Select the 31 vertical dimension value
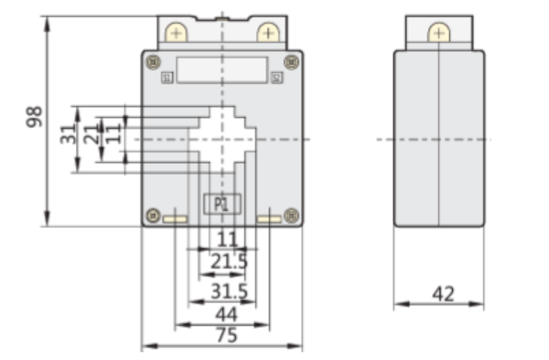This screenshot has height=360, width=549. [68, 133]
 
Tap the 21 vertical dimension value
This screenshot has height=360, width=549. [91, 133]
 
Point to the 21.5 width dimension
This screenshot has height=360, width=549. [229, 261]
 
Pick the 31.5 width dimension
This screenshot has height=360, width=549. [229, 291]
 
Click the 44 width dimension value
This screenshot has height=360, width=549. [226, 314]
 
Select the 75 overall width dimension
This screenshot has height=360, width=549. [226, 336]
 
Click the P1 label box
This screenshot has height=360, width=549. [222, 205]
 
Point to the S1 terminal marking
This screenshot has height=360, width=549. [167, 77]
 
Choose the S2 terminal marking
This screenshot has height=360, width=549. [277, 78]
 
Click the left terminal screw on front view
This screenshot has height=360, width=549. [176, 33]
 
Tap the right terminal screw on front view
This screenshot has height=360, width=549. [268, 33]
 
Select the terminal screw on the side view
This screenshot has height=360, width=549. [439, 33]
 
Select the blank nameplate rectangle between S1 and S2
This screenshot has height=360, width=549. [222, 68]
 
